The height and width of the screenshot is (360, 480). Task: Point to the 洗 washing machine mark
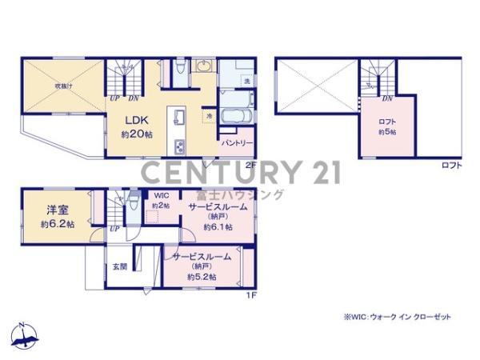point(246,82)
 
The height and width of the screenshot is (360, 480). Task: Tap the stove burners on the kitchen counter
point(179,146)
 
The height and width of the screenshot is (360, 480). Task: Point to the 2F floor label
point(250,164)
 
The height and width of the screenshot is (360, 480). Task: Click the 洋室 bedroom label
point(55,210)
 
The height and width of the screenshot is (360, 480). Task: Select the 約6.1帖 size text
point(217,227)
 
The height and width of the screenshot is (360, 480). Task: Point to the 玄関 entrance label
point(119,266)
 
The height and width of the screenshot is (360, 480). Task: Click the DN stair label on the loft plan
point(387,99)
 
